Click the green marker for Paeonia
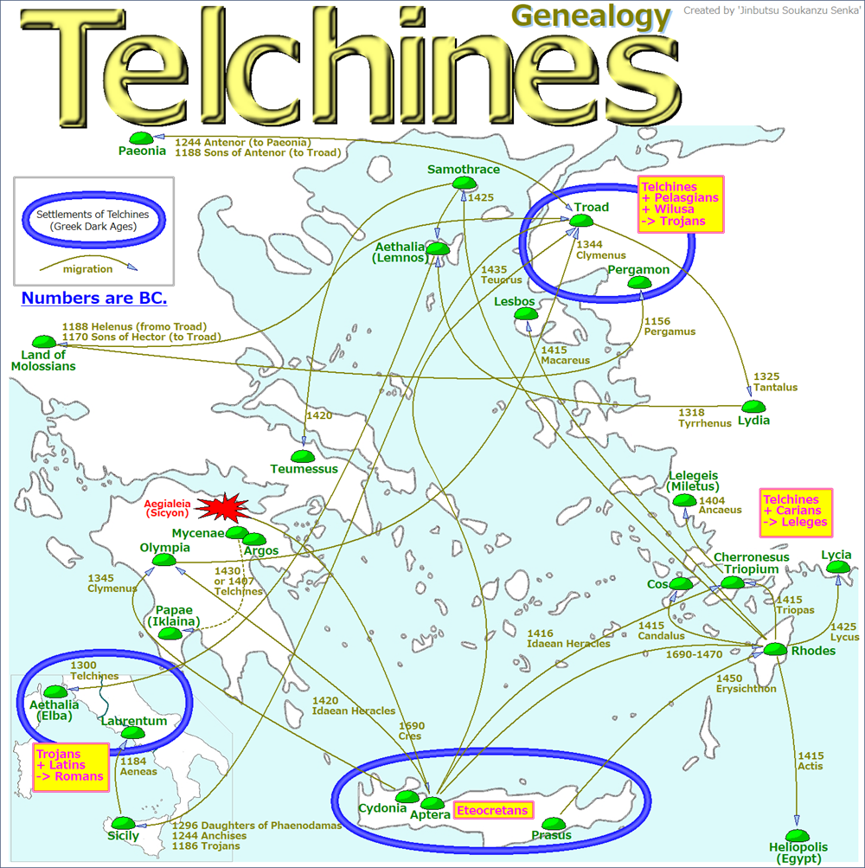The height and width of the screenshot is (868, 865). pyautogui.click(x=141, y=138)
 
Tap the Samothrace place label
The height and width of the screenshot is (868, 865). pyautogui.click(x=463, y=170)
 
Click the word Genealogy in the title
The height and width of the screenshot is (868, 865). pyautogui.click(x=591, y=16)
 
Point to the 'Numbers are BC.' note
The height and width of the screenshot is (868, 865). pyautogui.click(x=94, y=299)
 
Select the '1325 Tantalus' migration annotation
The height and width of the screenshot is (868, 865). pyautogui.click(x=775, y=382)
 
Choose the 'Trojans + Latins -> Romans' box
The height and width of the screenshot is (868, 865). pyautogui.click(x=70, y=765)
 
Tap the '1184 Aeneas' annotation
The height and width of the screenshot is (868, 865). pyautogui.click(x=138, y=766)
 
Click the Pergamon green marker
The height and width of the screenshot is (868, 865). pyautogui.click(x=638, y=282)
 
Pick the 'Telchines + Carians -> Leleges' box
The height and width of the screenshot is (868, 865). pyautogui.click(x=796, y=511)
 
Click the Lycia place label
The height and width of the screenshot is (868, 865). pyautogui.click(x=836, y=555)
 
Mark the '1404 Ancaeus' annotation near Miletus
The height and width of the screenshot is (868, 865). pyautogui.click(x=720, y=505)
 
